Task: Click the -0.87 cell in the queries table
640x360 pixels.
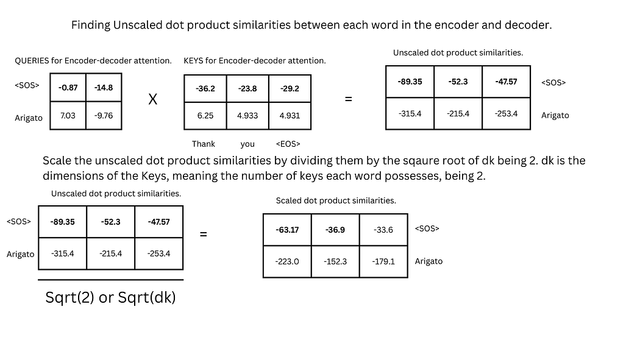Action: click(68, 88)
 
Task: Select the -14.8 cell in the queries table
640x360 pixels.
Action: click(104, 88)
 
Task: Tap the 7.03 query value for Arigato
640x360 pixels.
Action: click(68, 115)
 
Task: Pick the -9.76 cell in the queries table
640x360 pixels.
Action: click(104, 115)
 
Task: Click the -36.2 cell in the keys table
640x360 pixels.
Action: click(205, 88)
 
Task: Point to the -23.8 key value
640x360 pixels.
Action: click(247, 88)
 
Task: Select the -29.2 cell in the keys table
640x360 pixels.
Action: click(289, 88)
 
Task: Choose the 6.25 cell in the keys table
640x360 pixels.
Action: click(205, 116)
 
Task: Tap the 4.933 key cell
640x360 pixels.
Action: click(247, 116)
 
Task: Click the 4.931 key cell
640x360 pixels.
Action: click(289, 116)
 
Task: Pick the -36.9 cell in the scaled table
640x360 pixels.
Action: click(335, 230)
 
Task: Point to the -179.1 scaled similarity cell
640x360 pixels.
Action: click(383, 261)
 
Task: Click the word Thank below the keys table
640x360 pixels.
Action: click(204, 144)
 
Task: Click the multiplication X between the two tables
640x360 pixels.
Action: click(153, 99)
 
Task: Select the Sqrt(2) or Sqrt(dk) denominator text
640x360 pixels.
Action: click(110, 298)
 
